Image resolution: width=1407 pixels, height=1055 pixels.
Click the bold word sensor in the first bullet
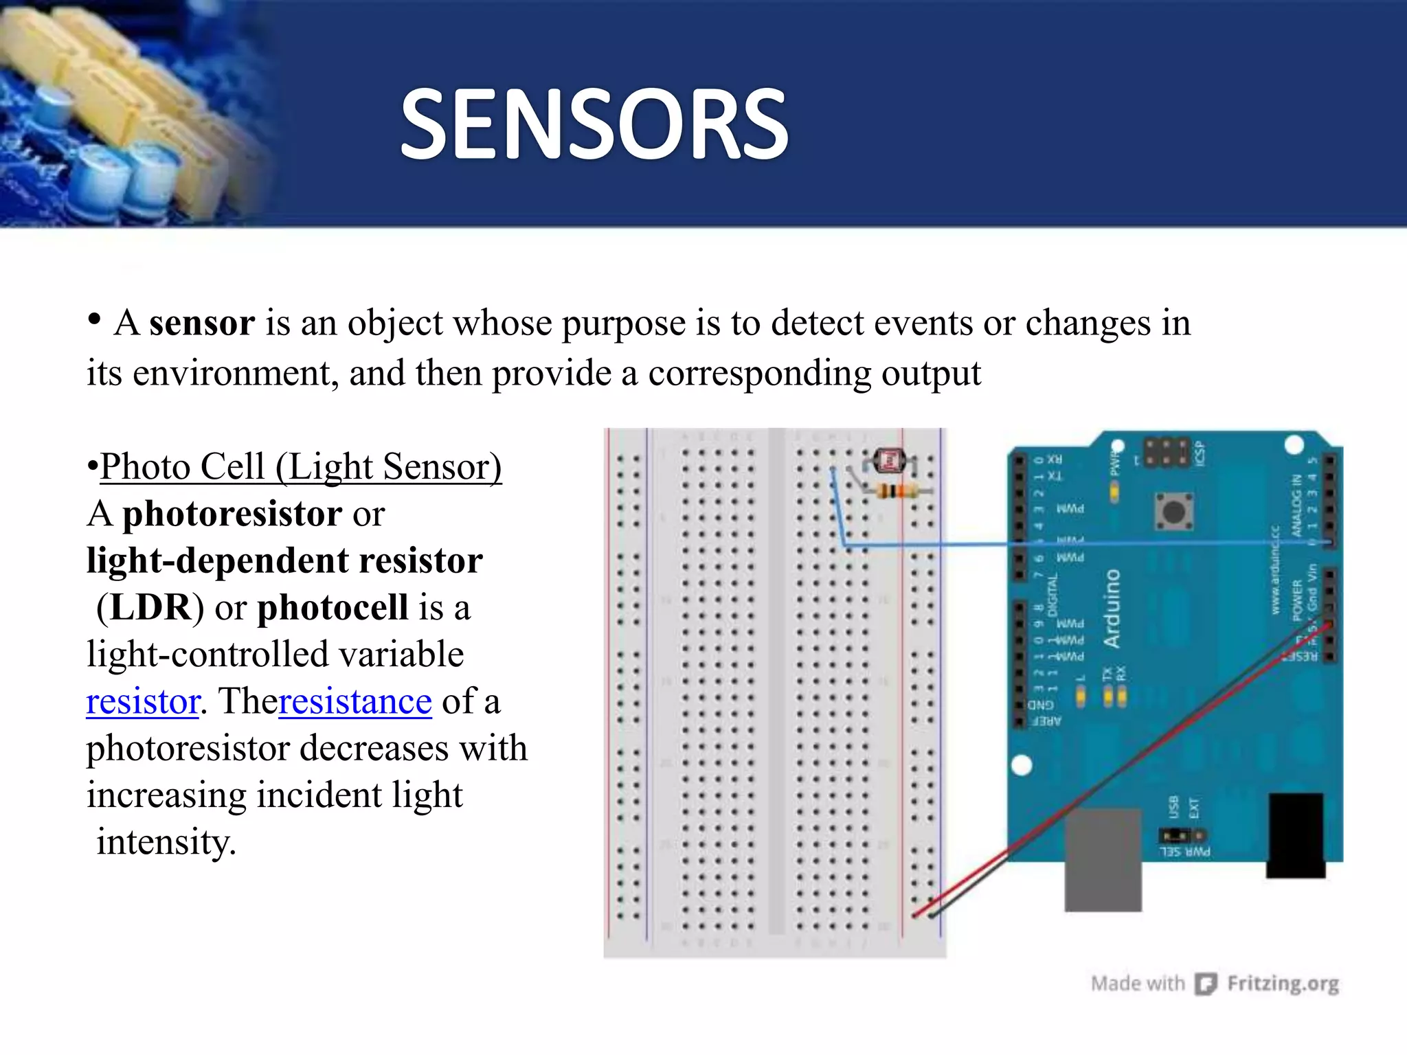pos(202,323)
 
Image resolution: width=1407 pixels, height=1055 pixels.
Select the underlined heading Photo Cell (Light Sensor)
pos(301,466)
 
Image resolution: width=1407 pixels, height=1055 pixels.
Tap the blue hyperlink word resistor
pos(143,701)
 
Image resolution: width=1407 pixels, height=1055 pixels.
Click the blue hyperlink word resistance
pos(355,701)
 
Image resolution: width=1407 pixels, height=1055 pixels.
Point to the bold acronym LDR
pos(150,607)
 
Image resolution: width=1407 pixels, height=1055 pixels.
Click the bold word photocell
pos(333,607)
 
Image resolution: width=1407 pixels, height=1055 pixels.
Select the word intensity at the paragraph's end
pos(166,842)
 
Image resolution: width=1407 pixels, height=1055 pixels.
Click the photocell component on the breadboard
pos(891,461)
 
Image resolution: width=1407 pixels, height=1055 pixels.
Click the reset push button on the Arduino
pos(1173,512)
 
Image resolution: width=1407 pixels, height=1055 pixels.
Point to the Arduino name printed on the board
pos(1112,609)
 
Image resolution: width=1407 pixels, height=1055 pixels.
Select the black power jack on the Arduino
pos(1296,835)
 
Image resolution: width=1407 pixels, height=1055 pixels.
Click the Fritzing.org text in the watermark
pos(1283,984)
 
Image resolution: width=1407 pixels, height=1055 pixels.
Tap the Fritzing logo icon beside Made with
pos(1206,984)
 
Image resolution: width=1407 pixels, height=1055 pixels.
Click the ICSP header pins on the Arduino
pos(1167,451)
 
